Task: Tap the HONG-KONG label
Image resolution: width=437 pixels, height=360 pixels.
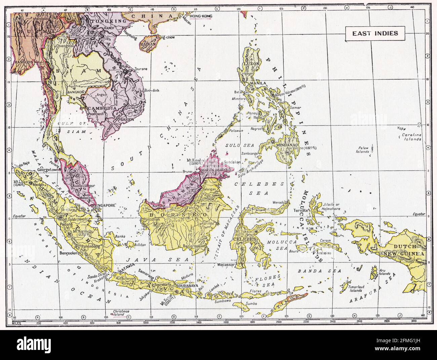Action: coord(200,16)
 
